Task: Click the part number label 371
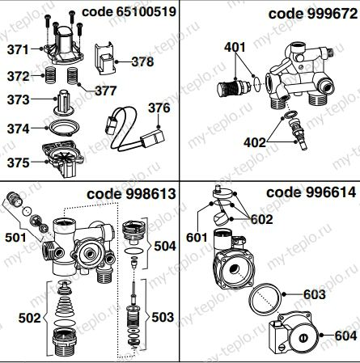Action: [18, 50]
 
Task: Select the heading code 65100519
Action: [129, 12]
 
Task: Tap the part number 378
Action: [142, 61]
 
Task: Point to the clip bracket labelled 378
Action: [104, 58]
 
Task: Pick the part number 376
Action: [159, 108]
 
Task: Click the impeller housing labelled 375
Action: [62, 158]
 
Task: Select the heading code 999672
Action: [313, 14]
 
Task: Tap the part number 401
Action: [235, 47]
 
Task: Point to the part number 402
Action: [255, 142]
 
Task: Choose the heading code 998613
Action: [131, 194]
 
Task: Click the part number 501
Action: [16, 238]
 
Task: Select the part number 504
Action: [165, 246]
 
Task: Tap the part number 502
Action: [29, 318]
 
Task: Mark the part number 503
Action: [163, 317]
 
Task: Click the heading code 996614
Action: [311, 192]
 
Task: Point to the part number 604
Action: [345, 336]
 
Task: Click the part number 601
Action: [197, 238]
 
